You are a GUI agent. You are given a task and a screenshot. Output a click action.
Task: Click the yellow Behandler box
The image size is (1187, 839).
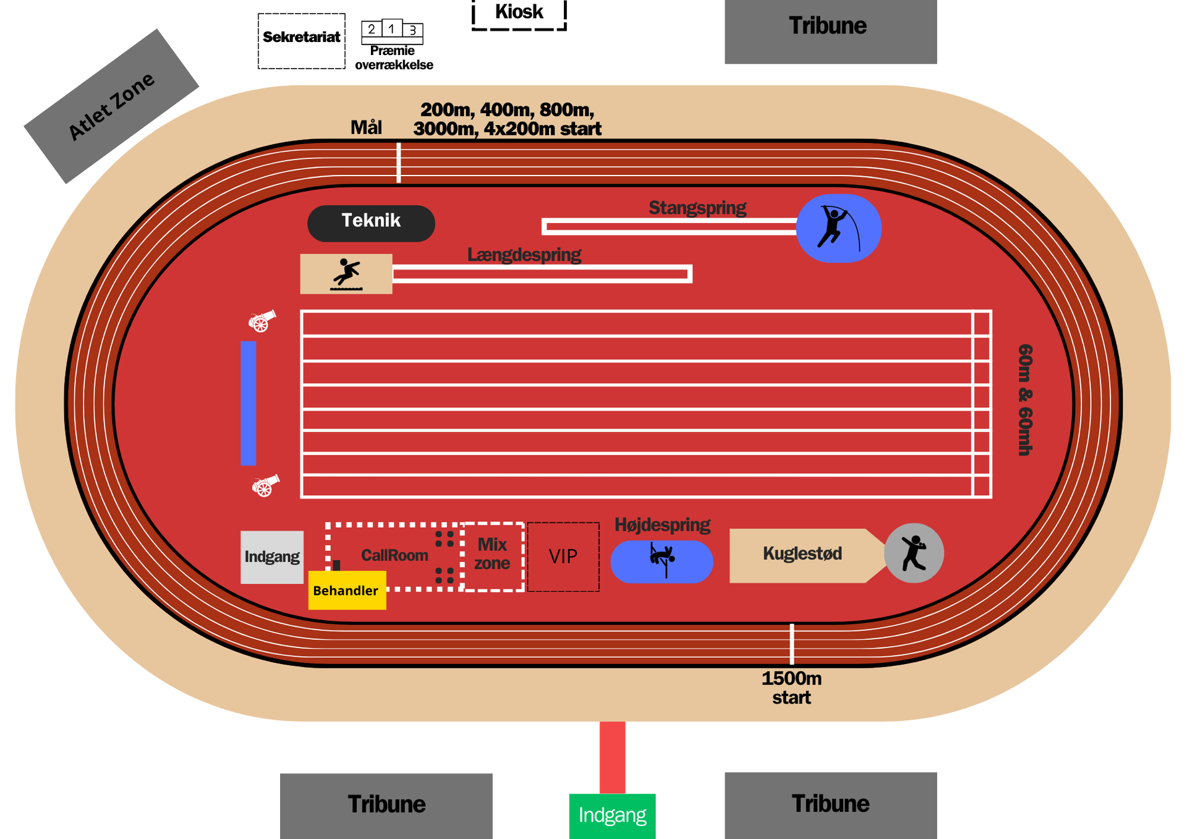pos(347,590)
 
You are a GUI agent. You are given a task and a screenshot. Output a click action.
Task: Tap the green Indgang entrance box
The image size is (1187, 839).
pos(612,816)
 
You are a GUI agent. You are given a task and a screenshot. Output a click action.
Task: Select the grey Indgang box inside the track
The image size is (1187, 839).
pos(271,557)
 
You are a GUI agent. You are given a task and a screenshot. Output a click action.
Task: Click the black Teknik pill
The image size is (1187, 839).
pos(371,223)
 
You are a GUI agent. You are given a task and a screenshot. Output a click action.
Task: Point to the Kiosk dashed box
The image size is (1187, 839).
pos(519,14)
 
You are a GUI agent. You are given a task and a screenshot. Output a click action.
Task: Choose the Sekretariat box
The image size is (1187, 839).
pos(301,41)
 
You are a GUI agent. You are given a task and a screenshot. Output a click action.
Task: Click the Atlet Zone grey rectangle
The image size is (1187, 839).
pos(111,106)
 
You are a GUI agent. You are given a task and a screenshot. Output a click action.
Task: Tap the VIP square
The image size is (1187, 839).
pos(563,556)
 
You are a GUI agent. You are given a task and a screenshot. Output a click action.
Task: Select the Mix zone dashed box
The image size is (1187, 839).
pos(493,556)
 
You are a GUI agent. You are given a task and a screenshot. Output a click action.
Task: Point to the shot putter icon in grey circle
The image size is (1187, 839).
pos(914,553)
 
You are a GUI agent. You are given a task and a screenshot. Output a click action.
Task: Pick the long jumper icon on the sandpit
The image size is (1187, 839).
pos(346,274)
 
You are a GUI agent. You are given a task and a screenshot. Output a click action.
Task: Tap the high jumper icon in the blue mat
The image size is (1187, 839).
pos(662,559)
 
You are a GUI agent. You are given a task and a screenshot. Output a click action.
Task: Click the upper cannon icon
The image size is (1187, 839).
pos(262,320)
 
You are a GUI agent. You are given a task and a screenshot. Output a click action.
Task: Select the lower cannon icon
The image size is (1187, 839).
pos(265,485)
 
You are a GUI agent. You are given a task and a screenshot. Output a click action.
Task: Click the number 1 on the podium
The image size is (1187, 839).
pos(391,28)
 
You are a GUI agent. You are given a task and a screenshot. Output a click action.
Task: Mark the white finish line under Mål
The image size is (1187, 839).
pos(399,163)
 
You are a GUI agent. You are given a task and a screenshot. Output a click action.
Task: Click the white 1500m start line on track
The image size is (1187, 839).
pos(791,644)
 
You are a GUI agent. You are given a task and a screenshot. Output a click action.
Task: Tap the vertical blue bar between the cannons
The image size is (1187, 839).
pos(249,402)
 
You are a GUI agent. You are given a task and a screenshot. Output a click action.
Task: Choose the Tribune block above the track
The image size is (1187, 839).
pos(830,31)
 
